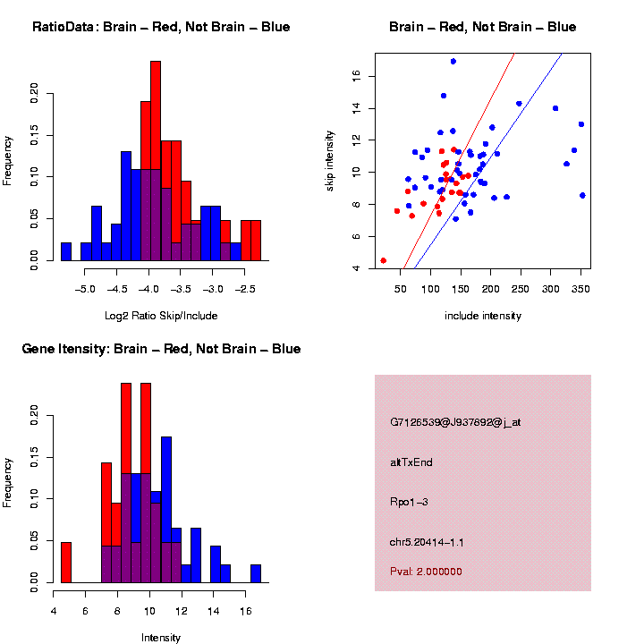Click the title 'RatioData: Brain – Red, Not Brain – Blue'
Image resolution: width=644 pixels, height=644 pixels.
161,28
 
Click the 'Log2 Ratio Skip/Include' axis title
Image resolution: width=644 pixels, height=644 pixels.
161,316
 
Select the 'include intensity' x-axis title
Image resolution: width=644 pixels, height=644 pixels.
483,316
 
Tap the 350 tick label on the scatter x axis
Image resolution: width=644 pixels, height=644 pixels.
581,290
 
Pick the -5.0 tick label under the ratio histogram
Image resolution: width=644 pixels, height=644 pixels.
86,290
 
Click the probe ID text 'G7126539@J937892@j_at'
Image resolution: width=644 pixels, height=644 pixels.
455,422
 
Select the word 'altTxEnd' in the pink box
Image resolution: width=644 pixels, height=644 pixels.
411,462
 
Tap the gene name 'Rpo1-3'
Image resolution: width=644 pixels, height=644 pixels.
409,502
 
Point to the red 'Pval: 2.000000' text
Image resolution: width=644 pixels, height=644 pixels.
426,571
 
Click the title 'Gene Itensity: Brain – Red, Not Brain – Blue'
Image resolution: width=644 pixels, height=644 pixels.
161,349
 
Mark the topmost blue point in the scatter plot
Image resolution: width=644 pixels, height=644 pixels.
453,62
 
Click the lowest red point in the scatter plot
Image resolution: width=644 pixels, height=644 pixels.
383,260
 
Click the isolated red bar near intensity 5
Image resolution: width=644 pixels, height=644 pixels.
66,562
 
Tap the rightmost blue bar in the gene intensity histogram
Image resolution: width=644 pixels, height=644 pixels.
256,573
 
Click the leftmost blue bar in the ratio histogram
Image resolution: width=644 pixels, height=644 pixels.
66,251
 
